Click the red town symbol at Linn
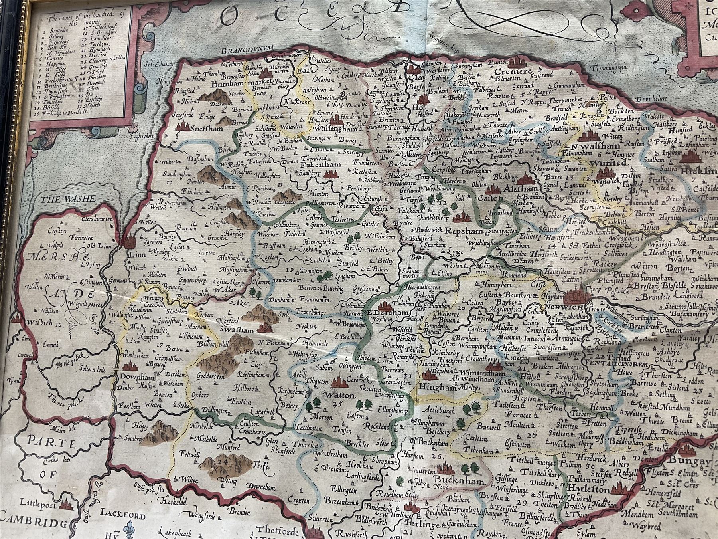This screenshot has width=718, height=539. pyautogui.click(x=130, y=241)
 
